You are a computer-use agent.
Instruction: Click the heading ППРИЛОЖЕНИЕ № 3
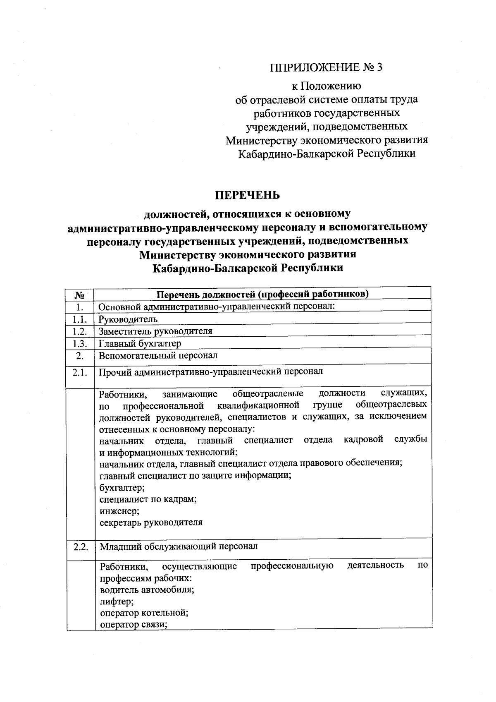[x=326, y=67]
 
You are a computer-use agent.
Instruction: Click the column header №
[x=80, y=295]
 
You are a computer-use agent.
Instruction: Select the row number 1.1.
[x=80, y=319]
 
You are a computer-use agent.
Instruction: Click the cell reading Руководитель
[x=128, y=319]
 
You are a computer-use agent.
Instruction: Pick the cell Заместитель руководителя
[x=155, y=331]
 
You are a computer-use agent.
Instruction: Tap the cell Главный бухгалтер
[x=140, y=343]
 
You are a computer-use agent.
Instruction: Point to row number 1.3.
[x=80, y=343]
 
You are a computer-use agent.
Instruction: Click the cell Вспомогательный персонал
[x=158, y=355]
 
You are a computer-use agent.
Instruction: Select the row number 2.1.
[x=80, y=372]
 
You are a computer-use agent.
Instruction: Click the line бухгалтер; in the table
[x=116, y=487]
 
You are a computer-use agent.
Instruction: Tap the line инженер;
[x=114, y=511]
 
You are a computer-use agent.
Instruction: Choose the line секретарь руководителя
[x=151, y=522]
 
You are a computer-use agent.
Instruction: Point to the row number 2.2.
[x=81, y=547]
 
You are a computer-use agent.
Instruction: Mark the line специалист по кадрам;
[x=148, y=499]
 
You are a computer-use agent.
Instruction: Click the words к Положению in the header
[x=326, y=86]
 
